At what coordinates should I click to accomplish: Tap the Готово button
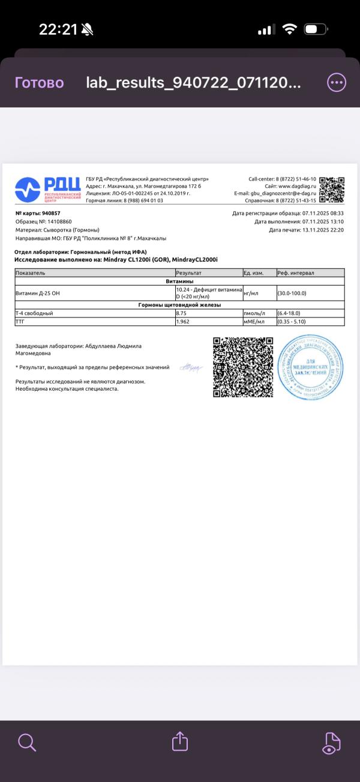point(39,83)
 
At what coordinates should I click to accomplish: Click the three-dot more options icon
point(337,82)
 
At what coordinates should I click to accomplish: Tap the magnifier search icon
point(27,742)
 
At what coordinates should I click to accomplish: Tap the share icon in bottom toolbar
point(180,742)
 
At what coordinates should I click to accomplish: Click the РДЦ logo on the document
point(47,190)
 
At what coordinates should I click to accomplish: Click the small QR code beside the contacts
point(332,190)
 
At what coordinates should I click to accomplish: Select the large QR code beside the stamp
point(243,367)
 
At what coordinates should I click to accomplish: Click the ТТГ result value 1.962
point(183,322)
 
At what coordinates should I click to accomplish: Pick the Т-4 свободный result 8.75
point(181,313)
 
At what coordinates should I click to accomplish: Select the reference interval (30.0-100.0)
point(295,293)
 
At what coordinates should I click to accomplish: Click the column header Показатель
point(31,273)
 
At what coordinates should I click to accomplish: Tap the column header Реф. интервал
point(296,273)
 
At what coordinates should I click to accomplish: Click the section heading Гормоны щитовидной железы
point(179,305)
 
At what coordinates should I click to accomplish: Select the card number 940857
point(51,213)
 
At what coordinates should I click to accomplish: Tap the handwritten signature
point(191,367)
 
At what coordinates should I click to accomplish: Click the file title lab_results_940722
point(193,83)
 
